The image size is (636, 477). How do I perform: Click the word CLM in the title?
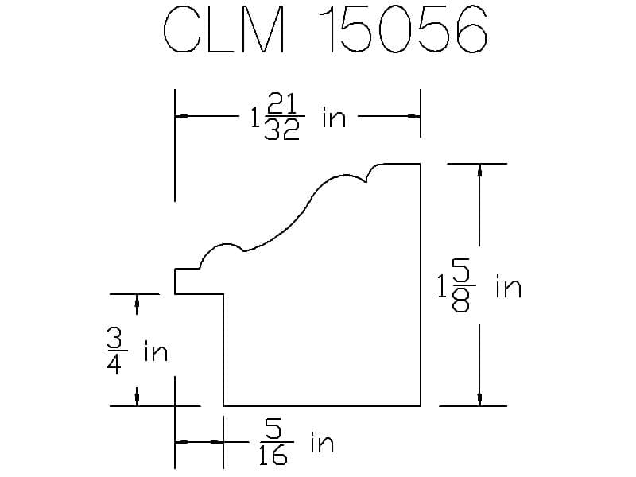click(223, 33)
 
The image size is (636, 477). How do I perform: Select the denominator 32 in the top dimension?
click(282, 130)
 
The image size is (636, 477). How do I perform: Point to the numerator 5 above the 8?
click(463, 273)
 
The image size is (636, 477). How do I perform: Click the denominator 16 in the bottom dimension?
click(274, 456)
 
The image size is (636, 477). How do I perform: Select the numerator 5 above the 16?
click(274, 429)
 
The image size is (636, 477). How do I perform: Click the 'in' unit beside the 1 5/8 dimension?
click(508, 287)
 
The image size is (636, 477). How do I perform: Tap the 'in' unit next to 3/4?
click(156, 351)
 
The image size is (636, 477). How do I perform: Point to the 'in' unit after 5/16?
click(321, 442)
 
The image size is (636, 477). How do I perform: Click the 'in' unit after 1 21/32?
click(334, 118)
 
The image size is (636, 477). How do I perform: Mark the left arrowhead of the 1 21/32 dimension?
click(182, 117)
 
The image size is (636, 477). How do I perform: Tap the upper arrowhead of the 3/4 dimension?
click(138, 300)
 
